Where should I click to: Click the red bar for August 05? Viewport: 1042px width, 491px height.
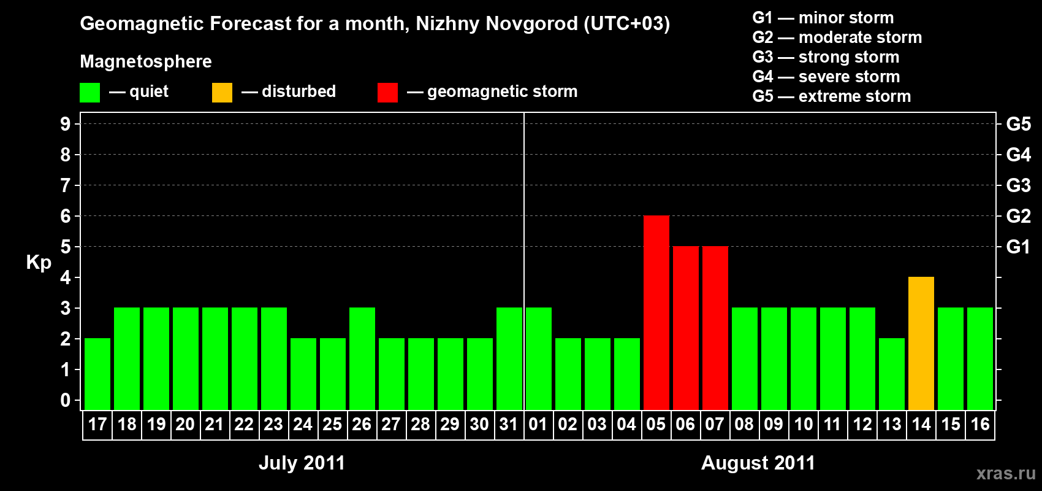(x=656, y=312)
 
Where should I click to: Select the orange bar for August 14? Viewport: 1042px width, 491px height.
(x=921, y=343)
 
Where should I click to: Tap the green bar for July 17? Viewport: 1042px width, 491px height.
(x=97, y=374)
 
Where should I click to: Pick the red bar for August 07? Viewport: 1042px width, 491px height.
(x=715, y=328)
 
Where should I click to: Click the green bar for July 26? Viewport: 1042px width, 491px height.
(x=362, y=358)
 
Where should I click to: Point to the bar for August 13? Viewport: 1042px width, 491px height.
(x=891, y=374)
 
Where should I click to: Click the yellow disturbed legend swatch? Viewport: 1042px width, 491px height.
(x=222, y=93)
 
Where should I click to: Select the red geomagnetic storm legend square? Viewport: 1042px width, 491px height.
(x=387, y=93)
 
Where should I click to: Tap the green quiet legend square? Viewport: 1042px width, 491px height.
(x=89, y=93)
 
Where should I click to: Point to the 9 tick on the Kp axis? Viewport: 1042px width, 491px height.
(x=66, y=124)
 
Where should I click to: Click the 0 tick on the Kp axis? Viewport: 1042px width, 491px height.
(x=66, y=400)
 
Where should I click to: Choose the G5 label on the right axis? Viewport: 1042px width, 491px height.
(x=1018, y=124)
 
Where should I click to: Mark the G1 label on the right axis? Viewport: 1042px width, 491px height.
(x=1018, y=247)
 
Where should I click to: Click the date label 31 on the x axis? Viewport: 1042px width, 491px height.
(x=509, y=425)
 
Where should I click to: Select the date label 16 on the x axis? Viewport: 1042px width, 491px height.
(x=979, y=425)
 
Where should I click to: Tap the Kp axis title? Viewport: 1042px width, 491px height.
(x=39, y=263)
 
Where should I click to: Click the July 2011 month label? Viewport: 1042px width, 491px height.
(x=302, y=463)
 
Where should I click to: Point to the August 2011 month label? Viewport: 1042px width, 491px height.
(x=758, y=463)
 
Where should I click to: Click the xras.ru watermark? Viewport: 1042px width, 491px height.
(x=1005, y=473)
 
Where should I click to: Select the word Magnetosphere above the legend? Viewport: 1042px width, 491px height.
(x=146, y=61)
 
